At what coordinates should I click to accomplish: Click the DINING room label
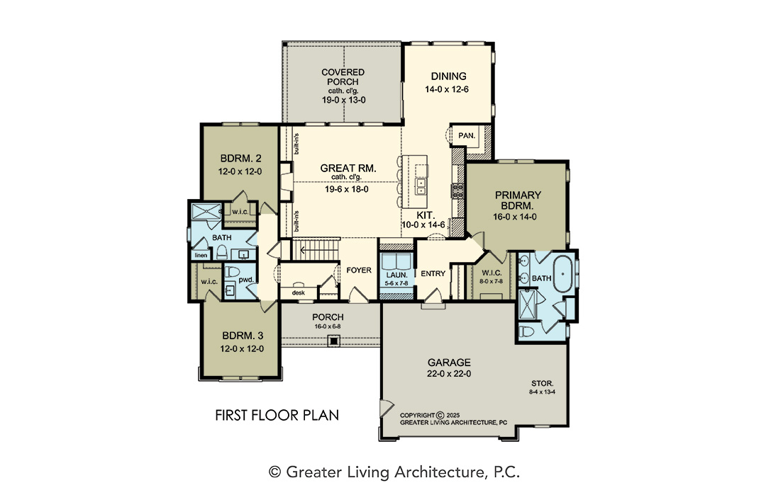[x=448, y=76]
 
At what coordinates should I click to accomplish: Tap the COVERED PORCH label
[x=343, y=77]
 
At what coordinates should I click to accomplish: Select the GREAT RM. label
[x=348, y=169]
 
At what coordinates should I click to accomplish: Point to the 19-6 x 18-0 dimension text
[x=347, y=189]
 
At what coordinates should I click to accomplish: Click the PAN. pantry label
[x=467, y=135]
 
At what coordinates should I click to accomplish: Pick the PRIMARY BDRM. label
[x=518, y=200]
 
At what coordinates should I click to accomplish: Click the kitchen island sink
[x=420, y=186]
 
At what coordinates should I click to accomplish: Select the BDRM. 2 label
[x=241, y=159]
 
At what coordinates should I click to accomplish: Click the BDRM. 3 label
[x=243, y=336]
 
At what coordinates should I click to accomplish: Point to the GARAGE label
[x=449, y=363]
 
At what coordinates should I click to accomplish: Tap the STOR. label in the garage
[x=543, y=383]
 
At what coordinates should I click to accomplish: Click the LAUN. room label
[x=396, y=275]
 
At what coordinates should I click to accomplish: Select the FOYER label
[x=359, y=271]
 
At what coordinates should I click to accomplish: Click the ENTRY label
[x=433, y=273]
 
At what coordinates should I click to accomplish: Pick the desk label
[x=298, y=292]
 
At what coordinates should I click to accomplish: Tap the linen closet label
[x=201, y=255]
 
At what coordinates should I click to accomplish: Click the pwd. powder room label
[x=246, y=280]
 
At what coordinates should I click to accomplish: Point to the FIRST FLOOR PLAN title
[x=277, y=415]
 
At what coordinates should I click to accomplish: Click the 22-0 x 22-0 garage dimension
[x=449, y=374]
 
